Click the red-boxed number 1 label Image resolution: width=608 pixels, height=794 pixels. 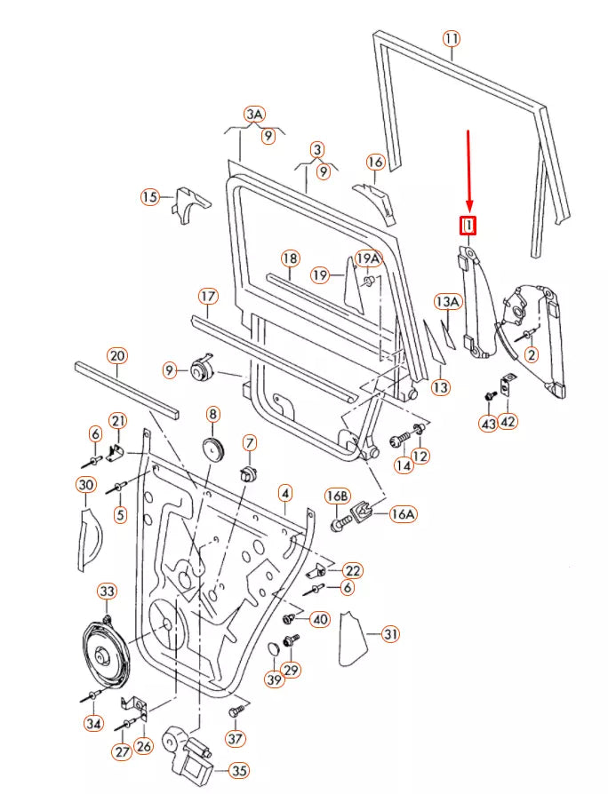[468, 226]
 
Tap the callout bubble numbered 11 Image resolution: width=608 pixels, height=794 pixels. [452, 39]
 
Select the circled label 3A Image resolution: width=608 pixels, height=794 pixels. [255, 114]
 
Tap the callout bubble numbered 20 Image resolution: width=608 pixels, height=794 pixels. [117, 355]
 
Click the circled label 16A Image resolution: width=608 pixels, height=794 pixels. [403, 513]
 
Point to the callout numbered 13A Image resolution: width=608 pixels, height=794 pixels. [447, 302]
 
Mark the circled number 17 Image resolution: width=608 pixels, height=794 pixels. [207, 296]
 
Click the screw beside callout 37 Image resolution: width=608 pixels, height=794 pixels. [236, 711]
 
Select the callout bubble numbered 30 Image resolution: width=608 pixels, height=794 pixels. [86, 485]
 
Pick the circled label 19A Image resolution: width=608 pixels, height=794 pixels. [368, 258]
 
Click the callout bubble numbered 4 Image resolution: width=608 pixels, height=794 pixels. [284, 492]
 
